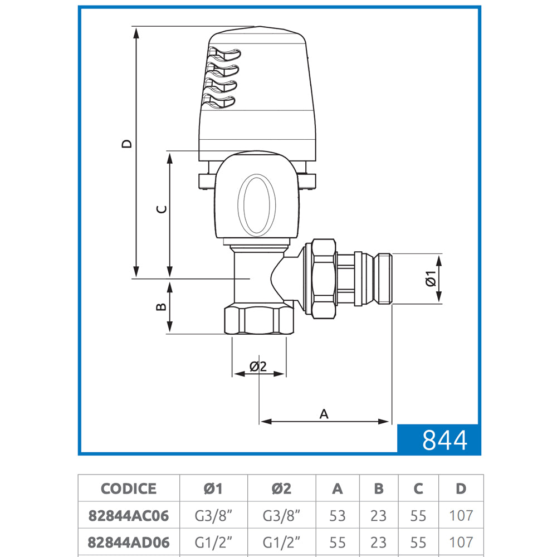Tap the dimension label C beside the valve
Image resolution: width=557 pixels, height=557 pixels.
(162, 209)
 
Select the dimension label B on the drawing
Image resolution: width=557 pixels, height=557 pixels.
(162, 306)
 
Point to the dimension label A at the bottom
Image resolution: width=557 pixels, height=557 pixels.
(324, 414)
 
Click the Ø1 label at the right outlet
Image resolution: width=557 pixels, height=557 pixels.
(431, 278)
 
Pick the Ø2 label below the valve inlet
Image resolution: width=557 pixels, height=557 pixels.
(258, 367)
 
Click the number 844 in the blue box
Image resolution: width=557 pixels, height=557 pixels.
(444, 440)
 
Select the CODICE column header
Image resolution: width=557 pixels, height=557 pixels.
(129, 489)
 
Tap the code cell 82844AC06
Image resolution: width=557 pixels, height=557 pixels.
(129, 516)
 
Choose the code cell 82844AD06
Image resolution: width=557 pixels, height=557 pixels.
(129, 543)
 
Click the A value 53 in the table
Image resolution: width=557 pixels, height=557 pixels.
(337, 516)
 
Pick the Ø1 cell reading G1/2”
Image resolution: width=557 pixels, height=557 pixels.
(213, 543)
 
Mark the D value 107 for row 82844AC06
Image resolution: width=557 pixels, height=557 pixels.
(461, 516)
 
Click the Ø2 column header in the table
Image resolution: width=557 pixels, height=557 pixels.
(281, 489)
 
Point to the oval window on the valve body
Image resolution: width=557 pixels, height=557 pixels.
(256, 206)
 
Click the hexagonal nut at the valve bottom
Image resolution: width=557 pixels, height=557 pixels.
(260, 320)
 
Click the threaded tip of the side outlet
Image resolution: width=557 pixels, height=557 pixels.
(384, 278)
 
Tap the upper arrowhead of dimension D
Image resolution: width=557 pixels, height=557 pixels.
(136, 33)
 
